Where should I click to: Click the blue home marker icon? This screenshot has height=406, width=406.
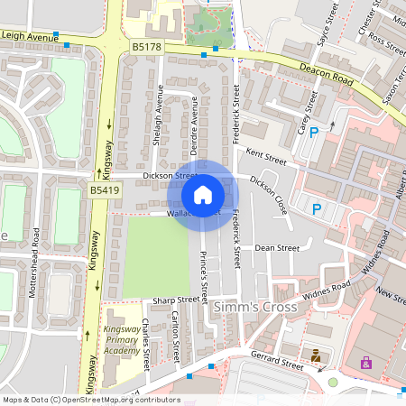203,194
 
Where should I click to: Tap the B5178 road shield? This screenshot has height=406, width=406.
146,45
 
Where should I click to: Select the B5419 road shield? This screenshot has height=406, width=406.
103,191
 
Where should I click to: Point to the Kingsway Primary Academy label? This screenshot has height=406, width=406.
122,339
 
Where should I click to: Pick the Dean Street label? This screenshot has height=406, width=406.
276,247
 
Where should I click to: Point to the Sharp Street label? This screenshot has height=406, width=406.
175,300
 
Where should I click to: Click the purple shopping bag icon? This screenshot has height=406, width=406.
365,363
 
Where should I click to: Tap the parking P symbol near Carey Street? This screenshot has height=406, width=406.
314,134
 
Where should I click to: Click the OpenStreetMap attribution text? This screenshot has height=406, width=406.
91,399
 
